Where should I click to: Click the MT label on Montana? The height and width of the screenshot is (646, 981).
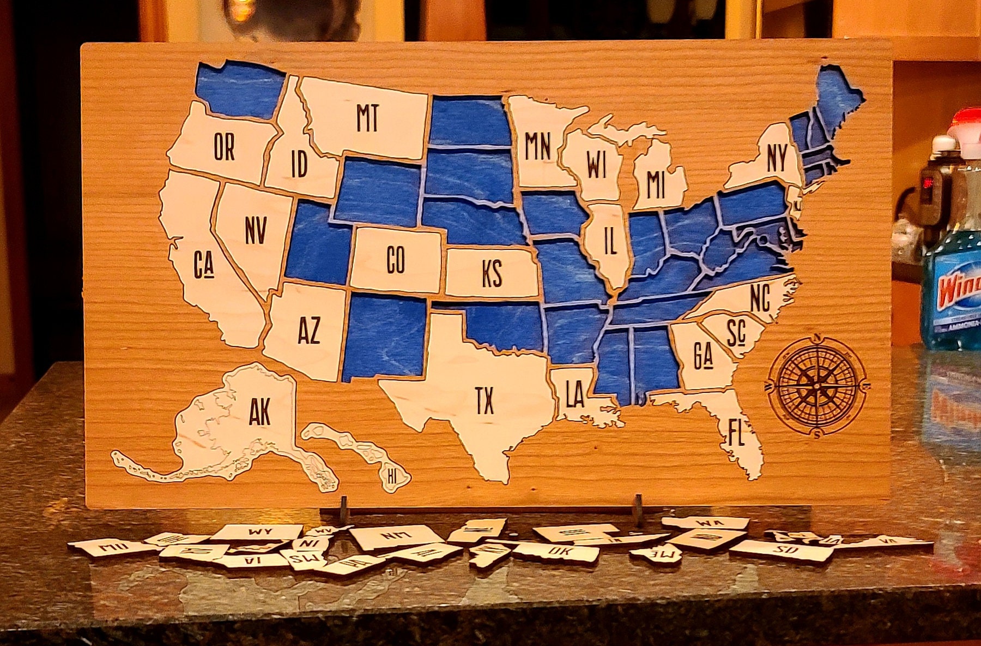click(367, 118)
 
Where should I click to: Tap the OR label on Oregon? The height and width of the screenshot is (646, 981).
click(224, 147)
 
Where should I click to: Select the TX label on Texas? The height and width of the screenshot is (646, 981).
click(483, 400)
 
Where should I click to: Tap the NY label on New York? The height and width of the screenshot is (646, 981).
click(776, 158)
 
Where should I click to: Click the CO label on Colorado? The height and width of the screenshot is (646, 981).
click(395, 260)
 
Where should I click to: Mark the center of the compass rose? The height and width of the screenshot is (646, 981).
click(816, 385)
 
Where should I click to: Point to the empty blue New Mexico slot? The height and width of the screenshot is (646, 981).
click(384, 336)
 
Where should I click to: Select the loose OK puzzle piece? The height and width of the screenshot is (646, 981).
click(557, 552)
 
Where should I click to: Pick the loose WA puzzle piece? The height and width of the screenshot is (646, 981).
click(706, 523)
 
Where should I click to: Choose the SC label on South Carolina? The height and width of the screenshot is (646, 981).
click(735, 332)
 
